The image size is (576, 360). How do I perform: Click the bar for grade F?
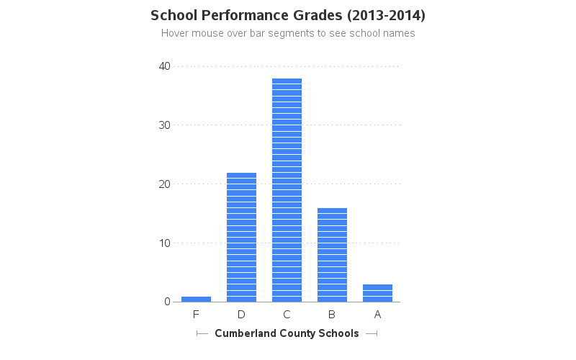196,299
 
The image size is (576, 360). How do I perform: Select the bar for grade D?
241,238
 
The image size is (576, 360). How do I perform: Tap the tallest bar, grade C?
287,190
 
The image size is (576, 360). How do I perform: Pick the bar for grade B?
332,255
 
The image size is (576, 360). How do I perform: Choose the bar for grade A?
377,293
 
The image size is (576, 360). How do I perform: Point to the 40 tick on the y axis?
164,66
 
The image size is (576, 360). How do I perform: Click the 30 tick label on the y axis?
164,125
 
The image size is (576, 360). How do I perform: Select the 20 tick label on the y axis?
164,184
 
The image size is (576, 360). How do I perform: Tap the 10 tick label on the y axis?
164,243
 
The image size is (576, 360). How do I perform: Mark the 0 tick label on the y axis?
167,302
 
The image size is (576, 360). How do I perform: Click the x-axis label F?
196,315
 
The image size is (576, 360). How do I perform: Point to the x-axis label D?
241,315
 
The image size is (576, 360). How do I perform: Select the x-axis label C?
287,315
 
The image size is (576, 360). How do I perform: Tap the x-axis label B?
332,315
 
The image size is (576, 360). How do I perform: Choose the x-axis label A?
377,315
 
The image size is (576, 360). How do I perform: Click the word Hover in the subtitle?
175,33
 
